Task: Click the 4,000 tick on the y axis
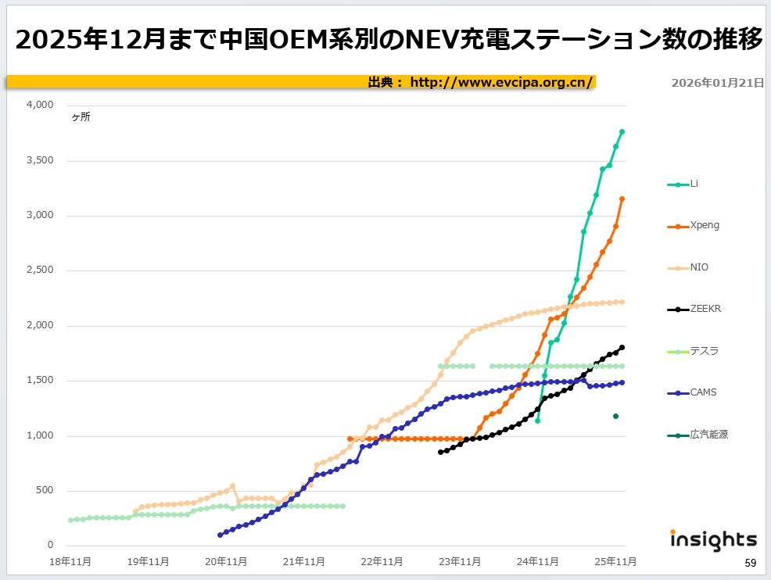point(40,106)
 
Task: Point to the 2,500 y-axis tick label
point(40,270)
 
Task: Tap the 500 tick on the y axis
point(45,491)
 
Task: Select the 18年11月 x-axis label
point(70,560)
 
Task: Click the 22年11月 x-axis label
point(382,560)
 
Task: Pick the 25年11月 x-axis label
point(615,560)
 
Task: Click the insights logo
point(713,540)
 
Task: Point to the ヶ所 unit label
point(81,117)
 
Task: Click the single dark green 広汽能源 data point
point(615,417)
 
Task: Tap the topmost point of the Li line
point(622,131)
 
